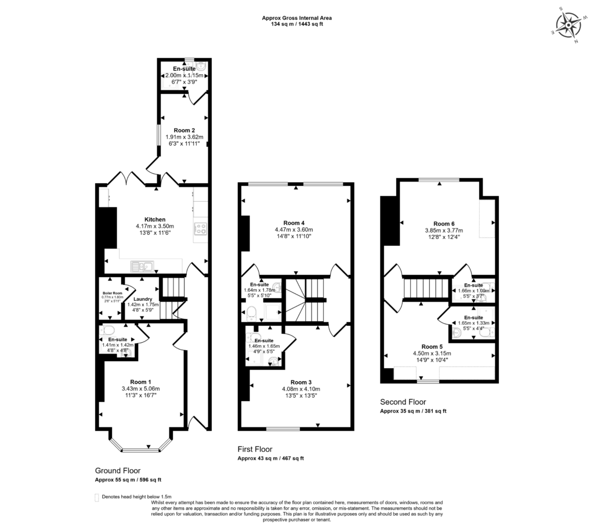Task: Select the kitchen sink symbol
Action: pyautogui.click(x=142, y=267)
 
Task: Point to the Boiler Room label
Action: pyautogui.click(x=113, y=293)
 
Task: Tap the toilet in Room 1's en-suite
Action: pyautogui.click(x=107, y=331)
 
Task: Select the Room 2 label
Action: pyautogui.click(x=184, y=130)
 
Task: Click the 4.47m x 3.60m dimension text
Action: pyautogui.click(x=294, y=230)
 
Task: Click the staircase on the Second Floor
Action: pyautogui.click(x=426, y=287)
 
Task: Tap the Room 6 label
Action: pyautogui.click(x=444, y=223)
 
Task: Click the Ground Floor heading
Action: pyautogui.click(x=118, y=471)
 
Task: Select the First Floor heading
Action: pyautogui.click(x=255, y=449)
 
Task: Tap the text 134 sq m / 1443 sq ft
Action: pyautogui.click(x=296, y=24)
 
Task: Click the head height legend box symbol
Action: pyautogui.click(x=96, y=497)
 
